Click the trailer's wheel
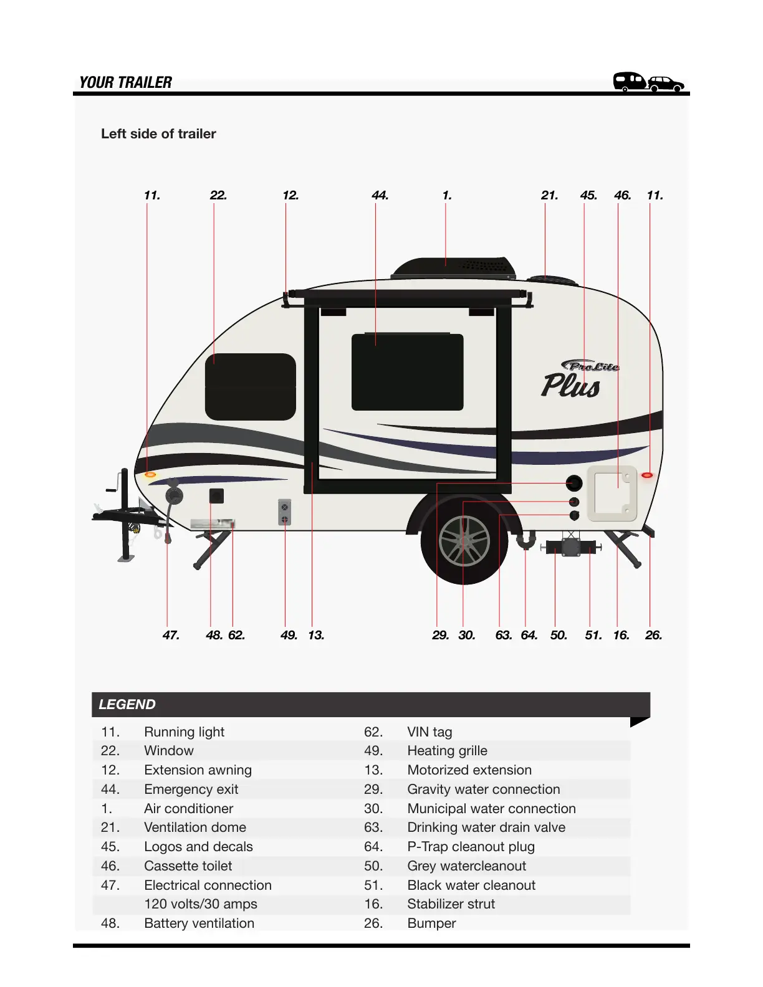tap(464, 540)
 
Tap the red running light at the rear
tap(647, 475)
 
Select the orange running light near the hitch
tap(150, 475)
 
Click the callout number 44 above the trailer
tap(380, 196)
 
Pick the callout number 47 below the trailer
tap(171, 636)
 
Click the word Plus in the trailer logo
tap(570, 386)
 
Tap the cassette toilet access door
tap(612, 493)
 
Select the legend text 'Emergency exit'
tap(191, 789)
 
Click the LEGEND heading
tap(127, 705)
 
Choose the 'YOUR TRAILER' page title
tap(125, 83)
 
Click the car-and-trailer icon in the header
tap(648, 82)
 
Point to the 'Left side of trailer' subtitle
tap(158, 134)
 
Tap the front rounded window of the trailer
tap(250, 386)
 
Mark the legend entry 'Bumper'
tap(431, 923)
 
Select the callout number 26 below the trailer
tap(653, 636)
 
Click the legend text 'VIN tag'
tap(429, 732)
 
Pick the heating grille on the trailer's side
tap(284, 512)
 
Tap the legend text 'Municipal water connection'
tap(491, 809)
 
